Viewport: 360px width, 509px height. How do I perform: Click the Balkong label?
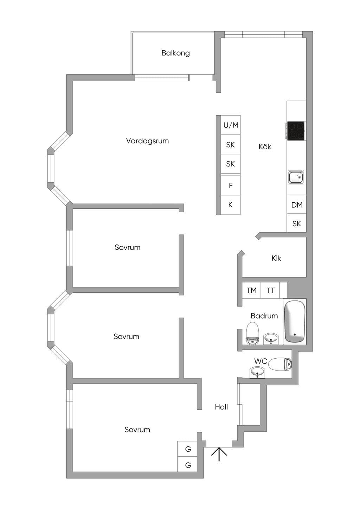pos(175,53)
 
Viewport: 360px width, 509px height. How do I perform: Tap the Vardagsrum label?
pos(147,141)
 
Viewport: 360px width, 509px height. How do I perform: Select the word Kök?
pos(265,146)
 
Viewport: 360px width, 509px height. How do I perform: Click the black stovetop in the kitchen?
pos(296,131)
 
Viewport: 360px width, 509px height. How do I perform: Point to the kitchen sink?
pos(296,177)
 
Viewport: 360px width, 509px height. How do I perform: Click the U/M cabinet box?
pos(231,125)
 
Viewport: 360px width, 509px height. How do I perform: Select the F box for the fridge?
pos(231,185)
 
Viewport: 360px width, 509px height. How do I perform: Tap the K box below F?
pos(231,205)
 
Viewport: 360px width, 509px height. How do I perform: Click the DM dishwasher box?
pos(297,204)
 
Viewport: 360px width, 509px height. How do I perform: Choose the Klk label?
pos(276,258)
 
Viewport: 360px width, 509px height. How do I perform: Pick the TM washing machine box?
pos(251,290)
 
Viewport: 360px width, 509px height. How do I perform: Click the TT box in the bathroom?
pos(270,290)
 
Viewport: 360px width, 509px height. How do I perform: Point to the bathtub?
pos(295,321)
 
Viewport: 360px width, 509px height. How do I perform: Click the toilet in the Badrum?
pos(252,333)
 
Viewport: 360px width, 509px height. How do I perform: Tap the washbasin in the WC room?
pos(257,372)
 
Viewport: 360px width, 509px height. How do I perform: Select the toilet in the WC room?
pos(280,364)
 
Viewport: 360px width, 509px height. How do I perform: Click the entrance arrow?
pos(219,454)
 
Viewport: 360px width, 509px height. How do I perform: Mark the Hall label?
pos(221,407)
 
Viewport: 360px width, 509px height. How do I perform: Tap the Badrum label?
pos(264,316)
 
